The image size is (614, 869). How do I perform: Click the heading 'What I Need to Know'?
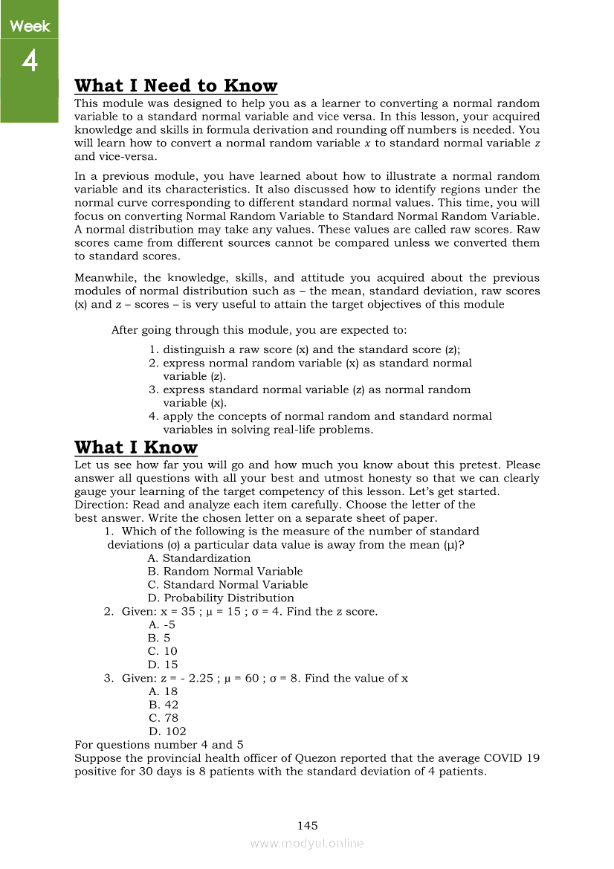coord(176,85)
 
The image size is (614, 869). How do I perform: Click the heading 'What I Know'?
coord(136,447)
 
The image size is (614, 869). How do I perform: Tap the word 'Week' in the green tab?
coord(30,27)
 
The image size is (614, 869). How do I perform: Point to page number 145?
coord(307,825)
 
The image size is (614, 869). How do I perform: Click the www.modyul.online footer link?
coord(307,843)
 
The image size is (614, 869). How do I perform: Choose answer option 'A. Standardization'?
coord(199,558)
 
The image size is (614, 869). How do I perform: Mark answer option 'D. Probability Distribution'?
coord(221,598)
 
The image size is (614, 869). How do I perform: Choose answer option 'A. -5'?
coord(161,625)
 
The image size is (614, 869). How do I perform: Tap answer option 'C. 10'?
coord(163,652)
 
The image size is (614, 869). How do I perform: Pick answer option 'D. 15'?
coord(163,665)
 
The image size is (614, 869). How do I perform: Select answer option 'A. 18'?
coord(163,691)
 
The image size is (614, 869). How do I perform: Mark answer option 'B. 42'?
coord(163,705)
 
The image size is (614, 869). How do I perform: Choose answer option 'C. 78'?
coord(163,718)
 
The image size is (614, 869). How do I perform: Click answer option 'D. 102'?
coord(167,731)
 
